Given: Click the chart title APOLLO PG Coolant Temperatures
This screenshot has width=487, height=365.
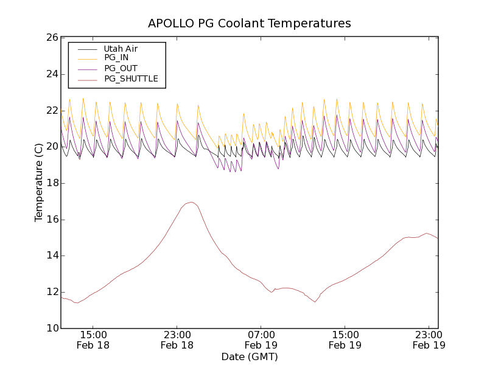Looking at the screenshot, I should [x=250, y=24].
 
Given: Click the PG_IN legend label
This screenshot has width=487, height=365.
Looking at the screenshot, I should [x=116, y=58].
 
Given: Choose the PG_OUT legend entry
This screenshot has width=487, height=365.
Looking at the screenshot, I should [x=121, y=68].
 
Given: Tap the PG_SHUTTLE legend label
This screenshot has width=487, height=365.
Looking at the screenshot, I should [x=131, y=78].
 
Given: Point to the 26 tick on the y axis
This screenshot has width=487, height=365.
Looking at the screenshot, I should [x=52, y=38].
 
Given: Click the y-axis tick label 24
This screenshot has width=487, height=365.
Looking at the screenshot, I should [x=52, y=74].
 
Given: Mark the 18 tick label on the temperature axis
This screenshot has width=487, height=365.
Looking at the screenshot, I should [x=52, y=183].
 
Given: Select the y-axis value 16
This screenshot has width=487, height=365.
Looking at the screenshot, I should [x=52, y=220].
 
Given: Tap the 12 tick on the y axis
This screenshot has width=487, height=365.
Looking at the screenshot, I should [x=52, y=292].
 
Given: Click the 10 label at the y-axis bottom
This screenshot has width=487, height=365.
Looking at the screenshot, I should [x=52, y=328].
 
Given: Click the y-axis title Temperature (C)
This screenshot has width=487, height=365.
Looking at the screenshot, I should [x=39, y=182].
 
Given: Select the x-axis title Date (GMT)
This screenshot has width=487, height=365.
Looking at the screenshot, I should [x=250, y=356].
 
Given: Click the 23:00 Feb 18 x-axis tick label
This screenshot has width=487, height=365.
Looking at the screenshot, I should [x=177, y=339].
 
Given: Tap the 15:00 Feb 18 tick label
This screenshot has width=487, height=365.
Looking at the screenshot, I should [x=93, y=339].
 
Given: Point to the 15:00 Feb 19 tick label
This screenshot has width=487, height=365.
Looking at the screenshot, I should [x=345, y=339].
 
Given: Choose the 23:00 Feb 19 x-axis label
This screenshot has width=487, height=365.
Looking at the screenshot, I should [x=429, y=339].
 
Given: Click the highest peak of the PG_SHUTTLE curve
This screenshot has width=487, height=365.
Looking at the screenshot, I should [x=191, y=202].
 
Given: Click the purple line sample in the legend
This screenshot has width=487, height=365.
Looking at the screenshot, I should [x=85, y=68].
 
